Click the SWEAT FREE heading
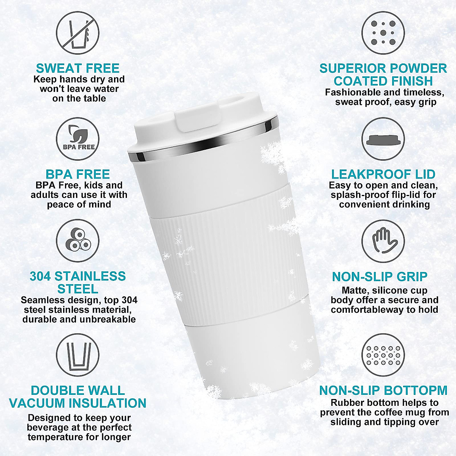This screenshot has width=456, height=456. click(78, 68)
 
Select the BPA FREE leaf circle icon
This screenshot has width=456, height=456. click(78, 137)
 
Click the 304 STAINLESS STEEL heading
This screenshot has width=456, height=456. click(78, 282)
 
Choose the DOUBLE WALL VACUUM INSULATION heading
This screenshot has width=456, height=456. click(78, 396)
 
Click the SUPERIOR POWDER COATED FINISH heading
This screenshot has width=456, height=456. click(383, 74)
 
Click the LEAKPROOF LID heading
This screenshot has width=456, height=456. click(383, 174)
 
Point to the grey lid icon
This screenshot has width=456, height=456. click(383, 139)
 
